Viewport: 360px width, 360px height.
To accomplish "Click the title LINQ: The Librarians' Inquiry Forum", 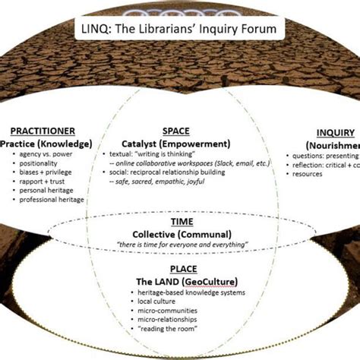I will [179, 30].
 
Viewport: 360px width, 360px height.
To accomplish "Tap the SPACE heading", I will [175, 131].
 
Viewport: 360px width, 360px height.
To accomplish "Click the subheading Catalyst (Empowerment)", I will [176, 142].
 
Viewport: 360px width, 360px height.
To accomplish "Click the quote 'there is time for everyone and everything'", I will [180, 245].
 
